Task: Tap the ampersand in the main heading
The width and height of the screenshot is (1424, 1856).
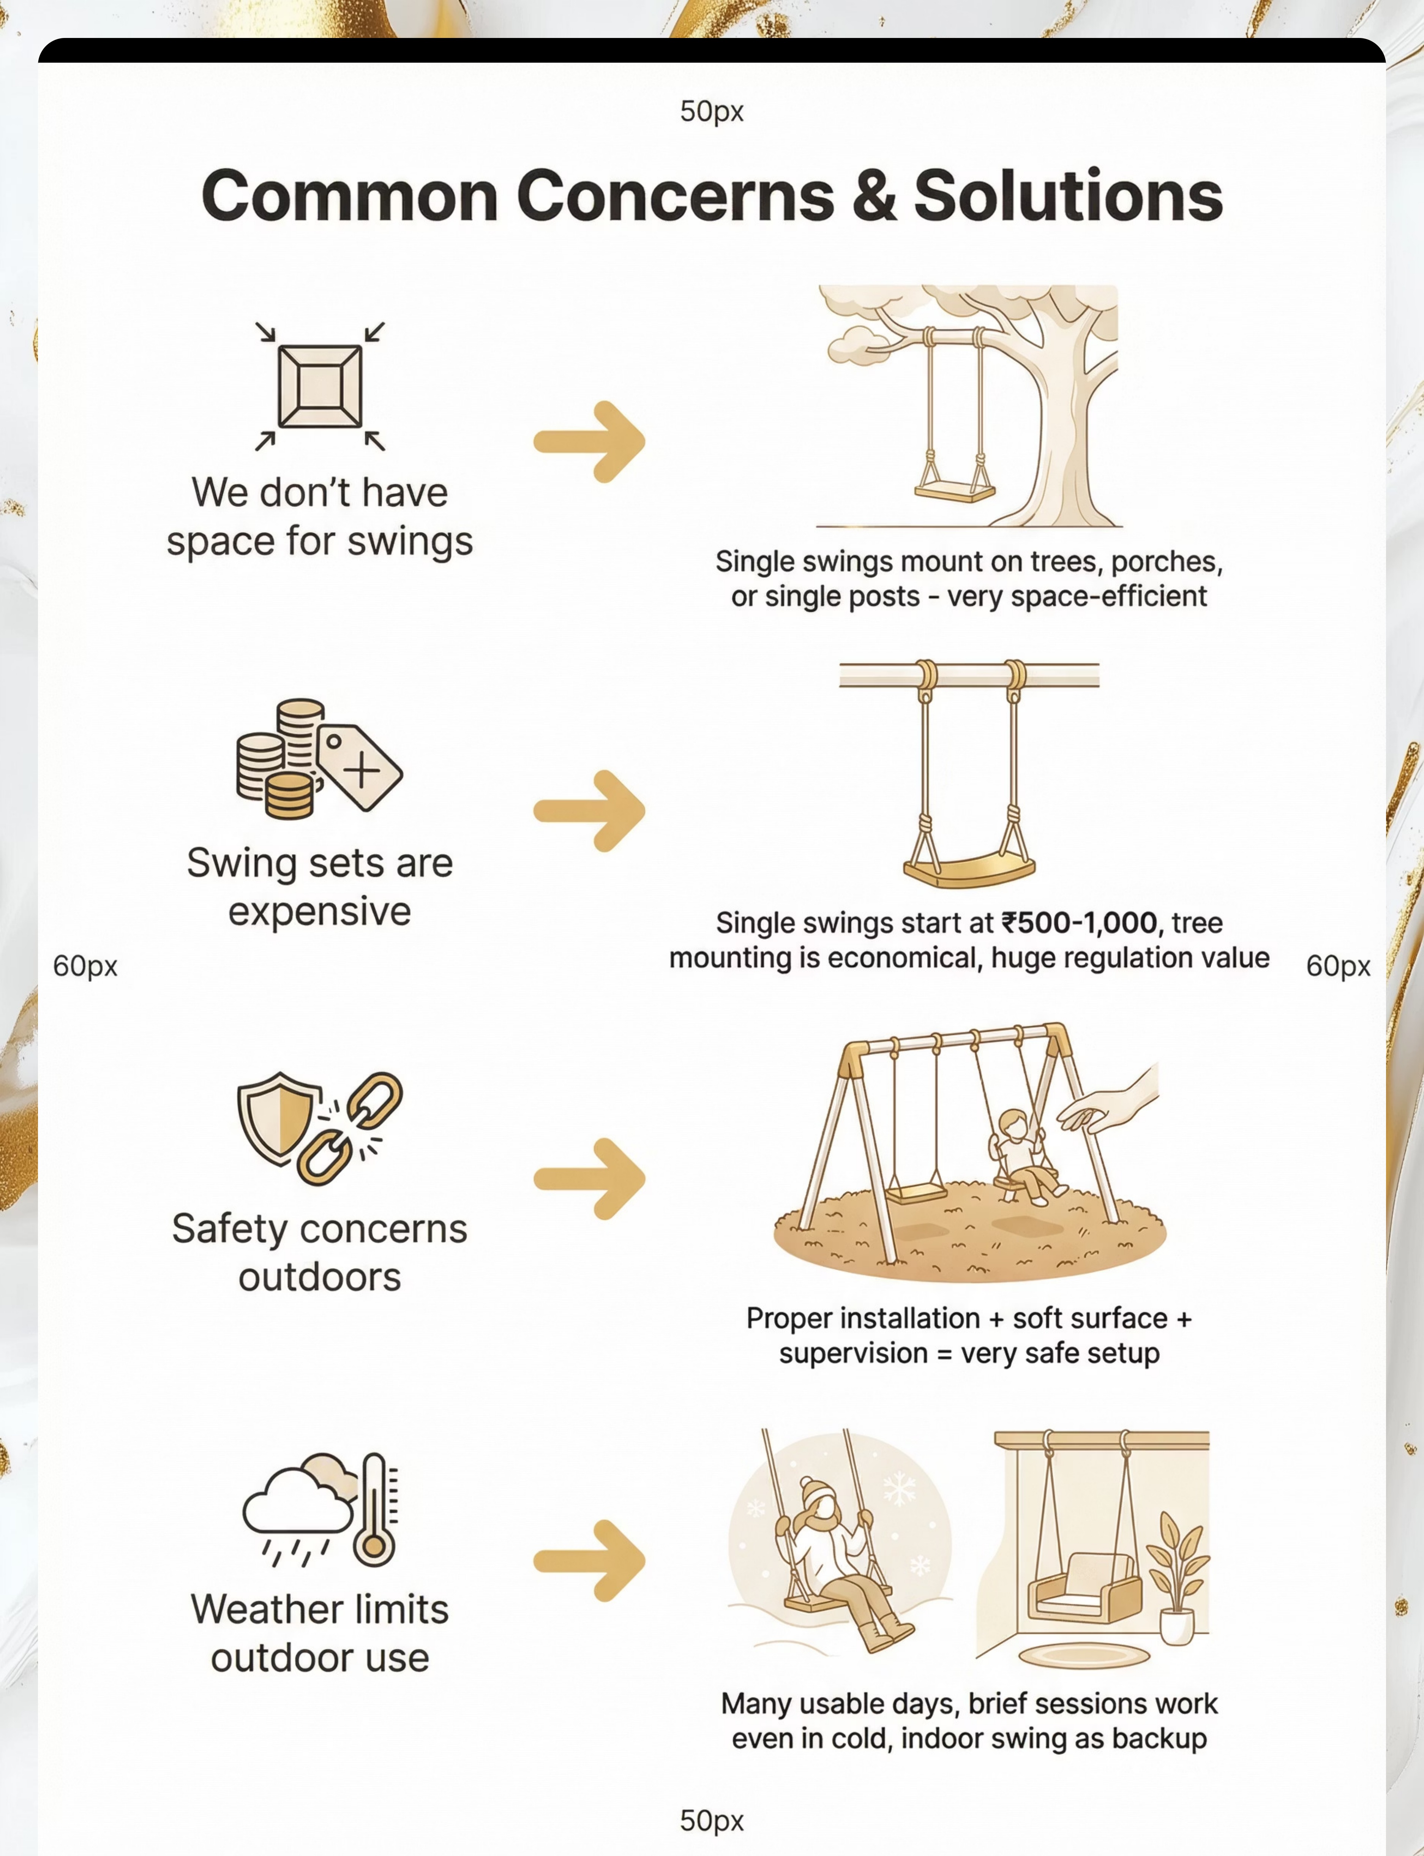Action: pos(873,197)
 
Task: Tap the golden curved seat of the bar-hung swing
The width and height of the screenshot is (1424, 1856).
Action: pos(969,870)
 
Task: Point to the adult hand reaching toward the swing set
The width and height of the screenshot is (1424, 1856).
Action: pos(1110,1102)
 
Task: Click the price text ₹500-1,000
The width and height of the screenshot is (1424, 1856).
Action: pos(1079,922)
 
